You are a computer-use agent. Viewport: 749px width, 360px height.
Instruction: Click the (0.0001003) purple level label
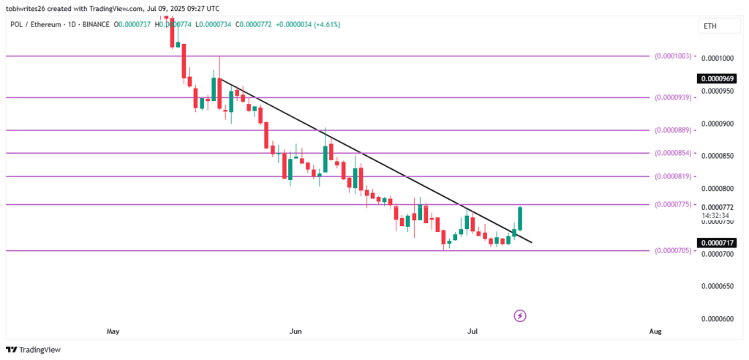click(673, 56)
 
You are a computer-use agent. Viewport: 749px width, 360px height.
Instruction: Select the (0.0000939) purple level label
click(673, 97)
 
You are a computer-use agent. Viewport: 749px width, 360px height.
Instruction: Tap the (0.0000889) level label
click(673, 130)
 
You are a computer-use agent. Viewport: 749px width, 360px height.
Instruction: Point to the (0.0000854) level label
click(673, 153)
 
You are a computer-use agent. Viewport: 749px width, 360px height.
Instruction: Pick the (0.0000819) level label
click(673, 176)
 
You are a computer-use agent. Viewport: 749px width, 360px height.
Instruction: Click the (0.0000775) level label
click(673, 204)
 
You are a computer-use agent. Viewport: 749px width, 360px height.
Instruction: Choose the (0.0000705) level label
click(673, 251)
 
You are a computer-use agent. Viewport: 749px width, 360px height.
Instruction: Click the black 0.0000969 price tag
click(717, 78)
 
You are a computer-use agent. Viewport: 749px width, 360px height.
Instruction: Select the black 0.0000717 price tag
click(717, 242)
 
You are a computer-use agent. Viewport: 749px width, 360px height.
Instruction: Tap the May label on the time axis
click(113, 331)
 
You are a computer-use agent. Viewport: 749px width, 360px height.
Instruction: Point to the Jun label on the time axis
click(296, 331)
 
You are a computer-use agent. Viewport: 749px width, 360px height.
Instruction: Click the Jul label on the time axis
click(473, 331)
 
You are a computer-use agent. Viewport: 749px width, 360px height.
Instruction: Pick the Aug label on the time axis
click(655, 331)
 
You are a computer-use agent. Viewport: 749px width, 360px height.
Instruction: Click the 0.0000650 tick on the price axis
click(717, 286)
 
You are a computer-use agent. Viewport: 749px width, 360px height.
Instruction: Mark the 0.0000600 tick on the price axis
click(717, 319)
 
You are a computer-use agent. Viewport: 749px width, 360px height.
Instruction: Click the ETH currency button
click(710, 26)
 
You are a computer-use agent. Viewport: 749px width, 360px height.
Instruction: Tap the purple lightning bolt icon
click(520, 315)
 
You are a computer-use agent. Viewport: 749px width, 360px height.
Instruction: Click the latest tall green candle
click(520, 218)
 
